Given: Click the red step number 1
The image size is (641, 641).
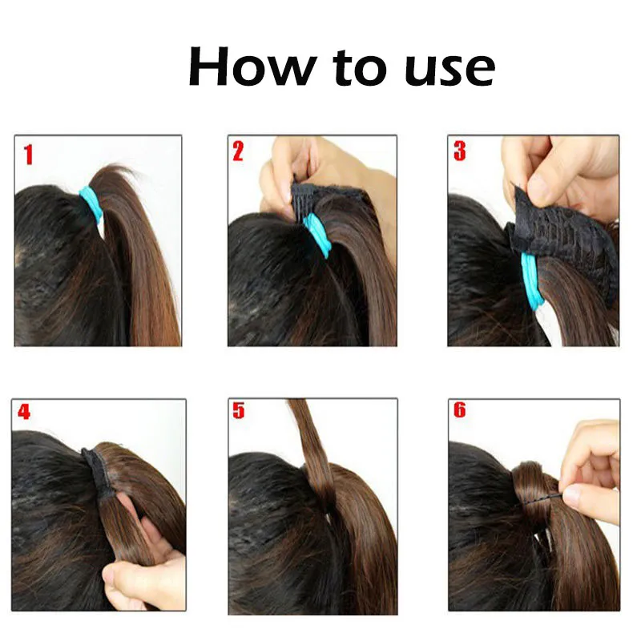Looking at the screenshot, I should pos(28,153).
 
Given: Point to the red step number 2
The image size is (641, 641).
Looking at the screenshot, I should pos(238,151).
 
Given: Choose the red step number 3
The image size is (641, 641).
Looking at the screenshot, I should pos(459,151).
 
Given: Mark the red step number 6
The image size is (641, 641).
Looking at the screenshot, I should pos(459,410).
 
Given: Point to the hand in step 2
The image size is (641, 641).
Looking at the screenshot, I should pos(300,164).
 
